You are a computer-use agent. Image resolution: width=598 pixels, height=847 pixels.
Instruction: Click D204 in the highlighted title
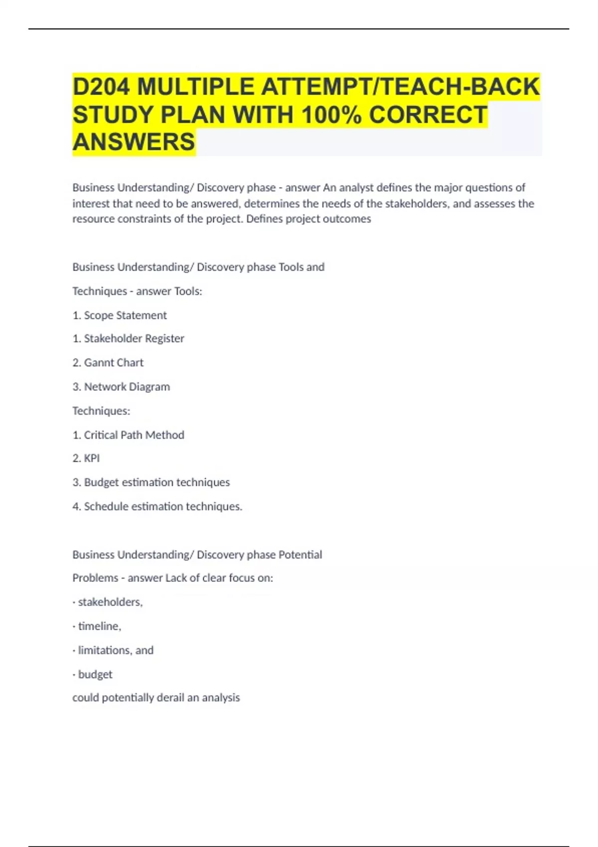pos(101,87)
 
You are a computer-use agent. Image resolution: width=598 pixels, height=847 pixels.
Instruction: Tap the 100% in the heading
pos(332,115)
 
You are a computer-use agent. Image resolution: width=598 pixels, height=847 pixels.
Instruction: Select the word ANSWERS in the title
pos(134,142)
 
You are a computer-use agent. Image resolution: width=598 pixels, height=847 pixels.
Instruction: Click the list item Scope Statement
pos(125,315)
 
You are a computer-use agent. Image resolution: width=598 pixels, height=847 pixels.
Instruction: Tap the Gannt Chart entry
pos(113,362)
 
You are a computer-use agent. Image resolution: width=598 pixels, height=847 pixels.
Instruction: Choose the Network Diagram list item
pos(127,387)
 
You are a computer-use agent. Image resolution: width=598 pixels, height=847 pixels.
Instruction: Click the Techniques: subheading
pos(101,411)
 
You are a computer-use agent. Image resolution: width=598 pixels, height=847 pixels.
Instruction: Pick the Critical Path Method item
pos(134,434)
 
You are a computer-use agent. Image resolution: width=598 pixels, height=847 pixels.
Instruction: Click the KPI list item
pos(92,458)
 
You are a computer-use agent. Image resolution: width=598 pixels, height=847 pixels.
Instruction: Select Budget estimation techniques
pos(156,482)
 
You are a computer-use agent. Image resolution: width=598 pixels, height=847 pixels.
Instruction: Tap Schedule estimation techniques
pos(162,506)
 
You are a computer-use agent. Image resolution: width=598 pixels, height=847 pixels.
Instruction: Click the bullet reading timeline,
pos(99,626)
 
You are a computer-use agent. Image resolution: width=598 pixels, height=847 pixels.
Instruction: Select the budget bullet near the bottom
pos(95,674)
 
